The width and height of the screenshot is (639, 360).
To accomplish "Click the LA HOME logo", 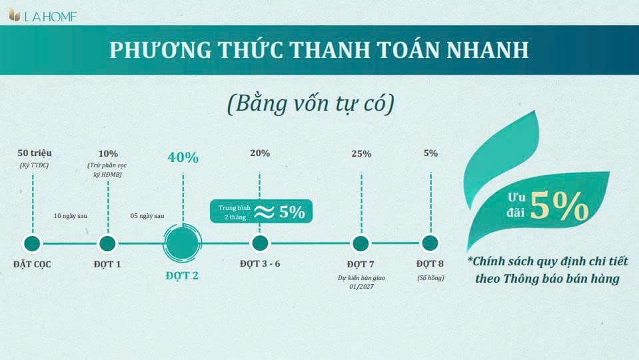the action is (43, 16).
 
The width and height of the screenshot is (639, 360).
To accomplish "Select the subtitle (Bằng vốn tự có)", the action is (311, 104).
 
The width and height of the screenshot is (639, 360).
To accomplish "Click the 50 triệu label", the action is (35, 153).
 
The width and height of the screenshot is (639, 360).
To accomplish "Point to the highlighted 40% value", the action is (183, 157).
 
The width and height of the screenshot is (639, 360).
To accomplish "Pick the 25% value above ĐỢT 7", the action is (361, 154).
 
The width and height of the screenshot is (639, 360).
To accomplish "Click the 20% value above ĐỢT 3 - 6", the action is (260, 153).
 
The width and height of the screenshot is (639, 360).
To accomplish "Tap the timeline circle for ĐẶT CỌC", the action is (32, 243).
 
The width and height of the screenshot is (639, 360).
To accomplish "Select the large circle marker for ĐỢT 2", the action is (182, 243).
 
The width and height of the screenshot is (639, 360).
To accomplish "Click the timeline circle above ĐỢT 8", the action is (430, 243).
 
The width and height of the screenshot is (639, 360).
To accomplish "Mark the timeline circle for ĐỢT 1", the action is (107, 243).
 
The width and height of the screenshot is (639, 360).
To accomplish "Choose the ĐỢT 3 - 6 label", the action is (260, 263).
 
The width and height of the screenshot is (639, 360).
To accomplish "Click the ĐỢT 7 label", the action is (360, 264).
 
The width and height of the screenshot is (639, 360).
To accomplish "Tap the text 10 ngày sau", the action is (71, 216).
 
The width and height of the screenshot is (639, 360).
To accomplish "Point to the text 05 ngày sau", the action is (147, 216).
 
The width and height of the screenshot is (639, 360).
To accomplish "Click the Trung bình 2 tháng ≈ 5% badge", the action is (261, 211).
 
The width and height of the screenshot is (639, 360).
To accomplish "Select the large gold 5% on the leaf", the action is (560, 206).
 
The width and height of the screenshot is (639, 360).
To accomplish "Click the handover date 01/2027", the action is (361, 287).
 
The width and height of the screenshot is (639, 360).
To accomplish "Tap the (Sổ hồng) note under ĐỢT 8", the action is (430, 277).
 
